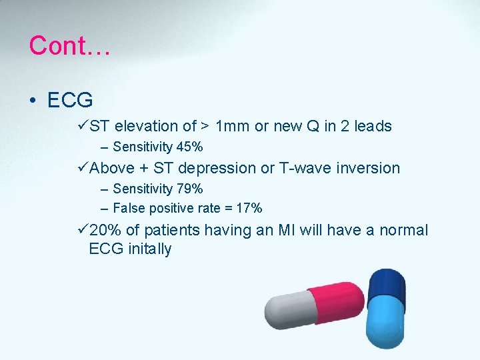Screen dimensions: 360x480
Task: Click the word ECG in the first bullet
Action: point(70,100)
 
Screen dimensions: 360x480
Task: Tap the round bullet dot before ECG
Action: point(32,101)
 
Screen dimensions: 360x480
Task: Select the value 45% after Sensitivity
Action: point(189,147)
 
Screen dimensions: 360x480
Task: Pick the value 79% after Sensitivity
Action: point(189,189)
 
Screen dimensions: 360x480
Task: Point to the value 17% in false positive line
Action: point(249,208)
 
